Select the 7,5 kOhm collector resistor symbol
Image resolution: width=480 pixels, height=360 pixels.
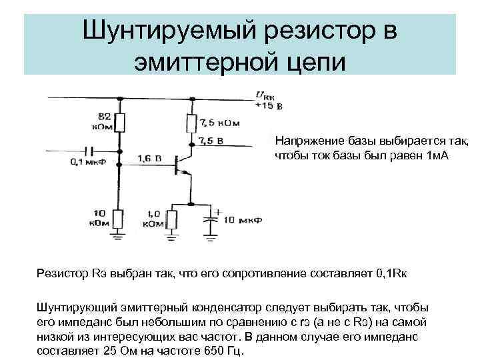click(191, 123)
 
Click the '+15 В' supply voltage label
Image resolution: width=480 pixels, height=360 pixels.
click(269, 105)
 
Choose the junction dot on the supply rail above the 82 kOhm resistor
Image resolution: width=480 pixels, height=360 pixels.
click(121, 99)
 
